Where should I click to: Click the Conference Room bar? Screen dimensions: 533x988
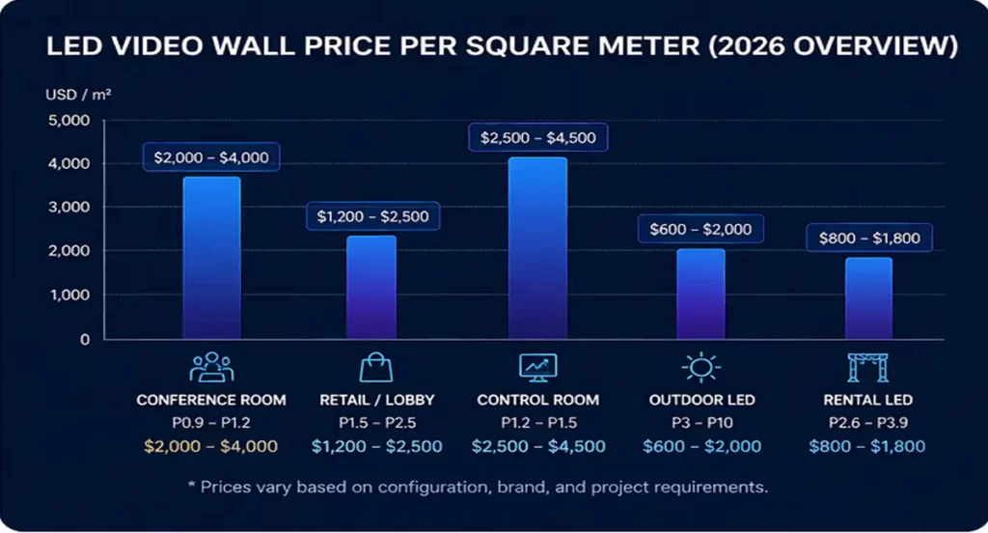click(x=211, y=258)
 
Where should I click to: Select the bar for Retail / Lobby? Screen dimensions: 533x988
click(x=371, y=287)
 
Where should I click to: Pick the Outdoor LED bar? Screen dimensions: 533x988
click(x=700, y=294)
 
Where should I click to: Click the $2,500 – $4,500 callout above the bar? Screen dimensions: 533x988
click(x=538, y=138)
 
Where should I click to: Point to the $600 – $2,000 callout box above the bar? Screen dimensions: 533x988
click(x=700, y=230)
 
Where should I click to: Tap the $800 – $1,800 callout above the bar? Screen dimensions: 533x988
click(x=869, y=238)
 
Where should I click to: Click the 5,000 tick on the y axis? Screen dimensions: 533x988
click(x=69, y=121)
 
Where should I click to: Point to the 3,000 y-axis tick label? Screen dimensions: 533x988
click(x=69, y=208)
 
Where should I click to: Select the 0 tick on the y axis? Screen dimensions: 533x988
click(x=84, y=340)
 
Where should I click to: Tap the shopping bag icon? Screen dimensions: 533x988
click(x=377, y=368)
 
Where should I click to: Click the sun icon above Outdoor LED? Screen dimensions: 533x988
click(x=701, y=368)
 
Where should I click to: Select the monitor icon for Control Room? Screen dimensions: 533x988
click(x=538, y=368)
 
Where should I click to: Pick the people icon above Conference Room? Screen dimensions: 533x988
click(x=211, y=368)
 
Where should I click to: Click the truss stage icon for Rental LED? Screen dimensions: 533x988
click(x=867, y=368)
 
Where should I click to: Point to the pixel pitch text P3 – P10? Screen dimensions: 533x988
click(x=700, y=422)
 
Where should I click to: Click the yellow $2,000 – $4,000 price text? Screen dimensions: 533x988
click(x=211, y=446)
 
